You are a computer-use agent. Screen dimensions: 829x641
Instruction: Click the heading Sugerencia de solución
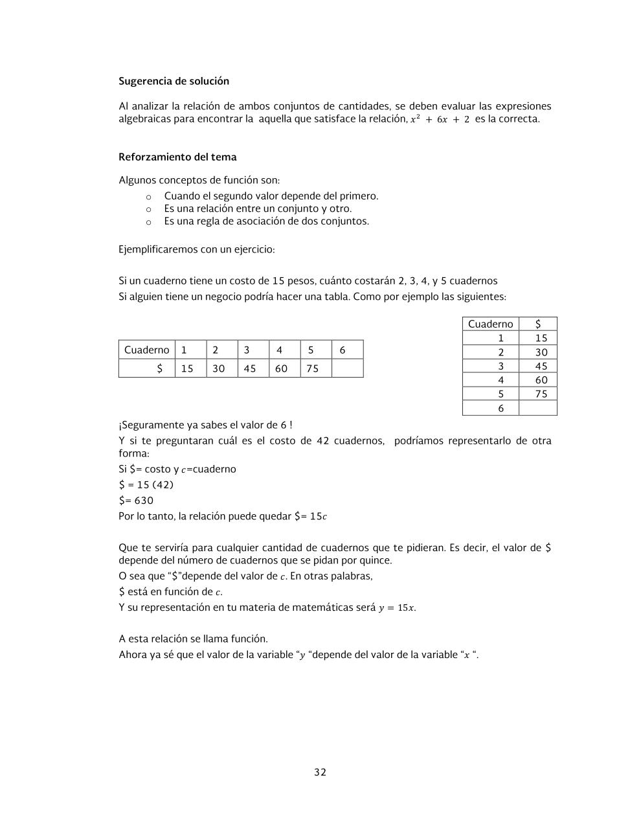point(174,82)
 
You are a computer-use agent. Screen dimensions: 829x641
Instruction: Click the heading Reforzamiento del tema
point(177,157)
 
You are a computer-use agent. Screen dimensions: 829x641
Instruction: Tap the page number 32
point(320,772)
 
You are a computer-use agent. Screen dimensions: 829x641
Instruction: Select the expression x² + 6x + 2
point(440,120)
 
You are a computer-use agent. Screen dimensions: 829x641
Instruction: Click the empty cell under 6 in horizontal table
point(347,369)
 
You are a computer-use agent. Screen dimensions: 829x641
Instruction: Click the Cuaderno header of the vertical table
point(490,324)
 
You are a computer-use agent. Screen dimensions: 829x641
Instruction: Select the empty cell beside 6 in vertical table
point(538,409)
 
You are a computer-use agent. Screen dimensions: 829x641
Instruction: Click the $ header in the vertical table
point(538,324)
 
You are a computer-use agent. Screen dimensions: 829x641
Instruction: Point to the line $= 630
point(136,501)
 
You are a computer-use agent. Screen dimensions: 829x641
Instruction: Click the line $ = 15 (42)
point(146,485)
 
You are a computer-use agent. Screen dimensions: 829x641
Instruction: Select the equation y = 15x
point(397,608)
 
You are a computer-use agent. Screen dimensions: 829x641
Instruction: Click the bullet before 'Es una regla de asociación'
point(148,222)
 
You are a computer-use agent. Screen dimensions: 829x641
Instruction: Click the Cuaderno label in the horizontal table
point(146,350)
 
